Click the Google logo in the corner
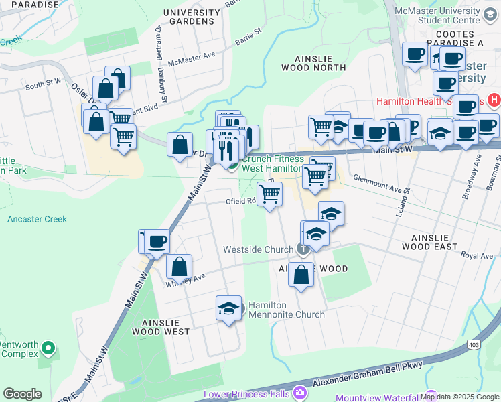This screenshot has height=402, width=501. click(23, 394)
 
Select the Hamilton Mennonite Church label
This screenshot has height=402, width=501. click(286, 310)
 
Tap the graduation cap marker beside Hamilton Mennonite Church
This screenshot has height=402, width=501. click(229, 309)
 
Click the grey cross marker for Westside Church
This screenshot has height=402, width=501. click(303, 249)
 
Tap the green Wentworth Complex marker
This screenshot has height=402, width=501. click(48, 348)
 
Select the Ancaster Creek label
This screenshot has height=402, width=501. click(38, 219)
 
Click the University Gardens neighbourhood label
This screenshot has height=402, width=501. click(191, 17)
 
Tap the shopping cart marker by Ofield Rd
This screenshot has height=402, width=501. click(269, 194)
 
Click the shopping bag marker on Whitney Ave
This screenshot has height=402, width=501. click(179, 267)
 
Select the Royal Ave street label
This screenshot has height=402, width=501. click(477, 256)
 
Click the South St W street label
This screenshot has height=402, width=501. click(44, 86)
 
